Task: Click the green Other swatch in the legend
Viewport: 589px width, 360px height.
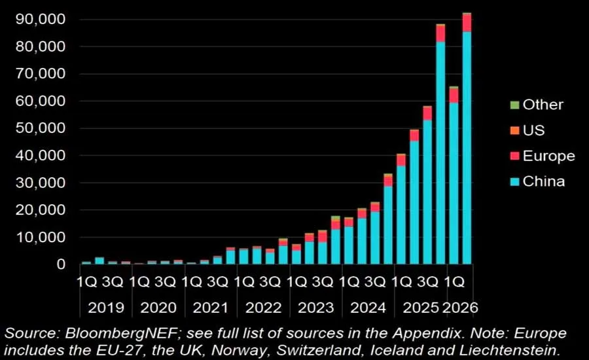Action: tap(514, 105)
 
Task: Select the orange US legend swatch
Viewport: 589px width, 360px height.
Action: tap(514, 130)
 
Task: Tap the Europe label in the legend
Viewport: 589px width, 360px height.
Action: tap(549, 156)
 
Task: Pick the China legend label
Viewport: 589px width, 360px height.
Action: tap(544, 181)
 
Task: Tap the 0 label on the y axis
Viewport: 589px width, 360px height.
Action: tap(62, 264)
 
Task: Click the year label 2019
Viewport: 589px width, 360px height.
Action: tap(106, 308)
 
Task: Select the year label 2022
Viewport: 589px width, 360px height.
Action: tap(263, 308)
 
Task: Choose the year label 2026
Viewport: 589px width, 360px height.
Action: tap(460, 308)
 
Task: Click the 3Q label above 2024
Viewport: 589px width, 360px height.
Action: tap(375, 282)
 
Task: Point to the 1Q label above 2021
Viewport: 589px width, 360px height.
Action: tap(192, 282)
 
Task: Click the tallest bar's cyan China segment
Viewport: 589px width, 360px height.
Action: tap(467, 148)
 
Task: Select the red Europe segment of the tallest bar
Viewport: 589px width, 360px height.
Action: tap(467, 24)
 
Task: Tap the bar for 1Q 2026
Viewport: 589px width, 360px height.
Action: tap(454, 175)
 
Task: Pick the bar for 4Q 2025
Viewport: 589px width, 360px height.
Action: tap(440, 144)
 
